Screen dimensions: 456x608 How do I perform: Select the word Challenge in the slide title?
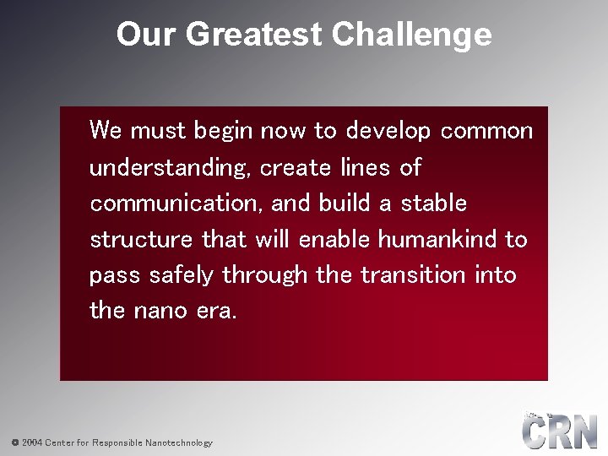coord(411,35)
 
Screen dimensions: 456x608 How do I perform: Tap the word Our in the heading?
coord(146,35)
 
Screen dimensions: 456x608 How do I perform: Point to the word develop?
coord(388,131)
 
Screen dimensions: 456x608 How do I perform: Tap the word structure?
coord(141,240)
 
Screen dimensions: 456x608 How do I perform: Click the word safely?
coord(183,275)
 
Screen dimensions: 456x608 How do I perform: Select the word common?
coord(487,131)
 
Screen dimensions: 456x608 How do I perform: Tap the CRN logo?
coord(559,432)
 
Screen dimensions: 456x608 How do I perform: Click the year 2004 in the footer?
coord(32,442)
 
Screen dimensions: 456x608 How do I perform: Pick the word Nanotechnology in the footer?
coord(179,442)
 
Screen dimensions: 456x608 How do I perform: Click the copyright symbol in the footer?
coord(14,442)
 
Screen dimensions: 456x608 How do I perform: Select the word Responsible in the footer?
coord(117,442)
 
